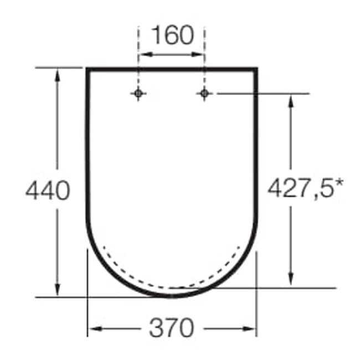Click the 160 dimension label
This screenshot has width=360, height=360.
point(173,35)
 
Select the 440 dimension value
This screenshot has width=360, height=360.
point(48,190)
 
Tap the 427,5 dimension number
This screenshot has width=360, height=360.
point(301,188)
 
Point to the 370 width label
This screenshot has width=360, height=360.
point(172,328)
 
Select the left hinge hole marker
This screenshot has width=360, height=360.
point(138,94)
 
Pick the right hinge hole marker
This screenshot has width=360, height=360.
point(204,94)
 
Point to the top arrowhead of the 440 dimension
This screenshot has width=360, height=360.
point(58,75)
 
